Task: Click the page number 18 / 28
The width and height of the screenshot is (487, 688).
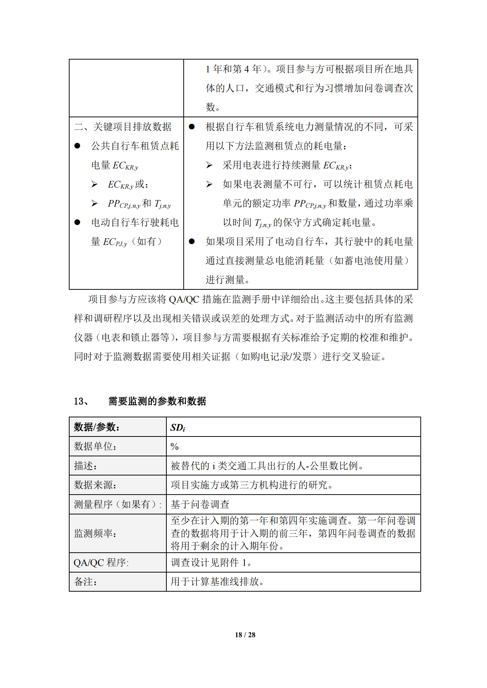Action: pos(245,635)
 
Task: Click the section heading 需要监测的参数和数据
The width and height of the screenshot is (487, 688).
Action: pos(157,401)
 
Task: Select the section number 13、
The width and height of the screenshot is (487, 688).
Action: pos(81,401)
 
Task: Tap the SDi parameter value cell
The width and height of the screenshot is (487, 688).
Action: pos(178,427)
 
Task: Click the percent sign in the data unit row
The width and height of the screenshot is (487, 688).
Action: pos(174,446)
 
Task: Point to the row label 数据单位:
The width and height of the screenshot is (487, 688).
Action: pos(95,446)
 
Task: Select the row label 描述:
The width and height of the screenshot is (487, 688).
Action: pos(85,466)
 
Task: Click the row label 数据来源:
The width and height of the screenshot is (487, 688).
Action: pos(95,485)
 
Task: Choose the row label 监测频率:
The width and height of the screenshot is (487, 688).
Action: pos(95,533)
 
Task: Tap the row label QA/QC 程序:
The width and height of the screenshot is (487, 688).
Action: pos(101,563)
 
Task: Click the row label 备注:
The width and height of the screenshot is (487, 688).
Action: pos(85,582)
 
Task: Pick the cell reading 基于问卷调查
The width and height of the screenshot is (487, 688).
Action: pos(200,505)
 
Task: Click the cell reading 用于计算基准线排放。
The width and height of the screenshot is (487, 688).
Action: pos(217,582)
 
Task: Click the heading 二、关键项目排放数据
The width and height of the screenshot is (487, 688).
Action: pos(123,127)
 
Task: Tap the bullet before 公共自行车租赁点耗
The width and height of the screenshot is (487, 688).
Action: pos(77,146)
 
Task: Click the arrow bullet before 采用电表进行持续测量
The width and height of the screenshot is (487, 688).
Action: pos(209,165)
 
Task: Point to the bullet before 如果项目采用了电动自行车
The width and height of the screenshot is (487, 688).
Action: pos(191,242)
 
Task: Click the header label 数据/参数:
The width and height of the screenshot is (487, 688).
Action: pos(97,427)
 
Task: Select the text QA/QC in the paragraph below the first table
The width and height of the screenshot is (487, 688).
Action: pos(184,300)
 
